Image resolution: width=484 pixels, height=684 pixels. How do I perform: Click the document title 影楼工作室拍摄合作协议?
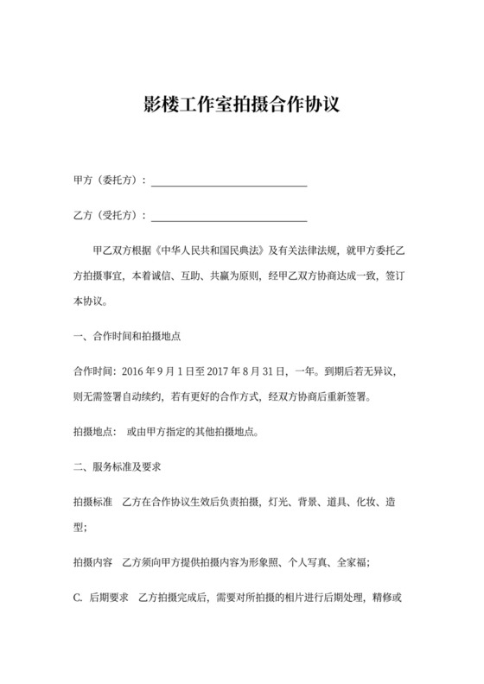click(x=241, y=106)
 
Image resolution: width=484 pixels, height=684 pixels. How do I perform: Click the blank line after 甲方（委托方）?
click(x=230, y=182)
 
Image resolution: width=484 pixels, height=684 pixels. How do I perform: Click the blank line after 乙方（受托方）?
click(x=230, y=215)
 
